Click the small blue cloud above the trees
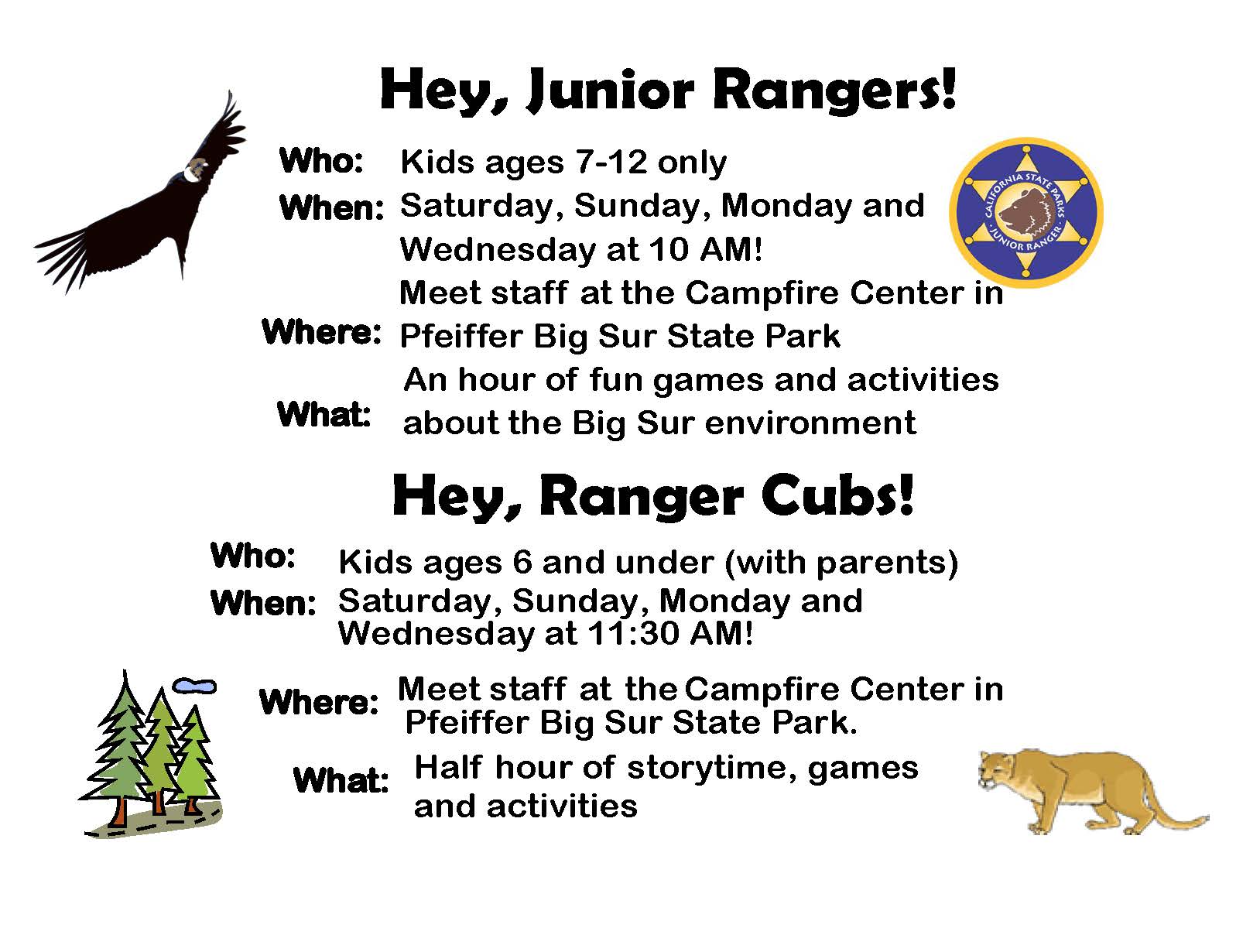pyautogui.click(x=194, y=687)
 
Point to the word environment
pyautogui.click(x=810, y=423)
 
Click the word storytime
pyautogui.click(x=711, y=769)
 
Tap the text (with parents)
pyautogui.click(x=841, y=563)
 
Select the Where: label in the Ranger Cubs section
pyautogui.click(x=318, y=702)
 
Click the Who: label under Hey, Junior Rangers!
pyautogui.click(x=321, y=161)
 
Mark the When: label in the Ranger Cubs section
pyautogui.click(x=262, y=604)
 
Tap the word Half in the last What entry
pyautogui.click(x=448, y=767)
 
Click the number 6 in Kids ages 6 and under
pyautogui.click(x=522, y=563)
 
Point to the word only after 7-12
pyautogui.click(x=692, y=163)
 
